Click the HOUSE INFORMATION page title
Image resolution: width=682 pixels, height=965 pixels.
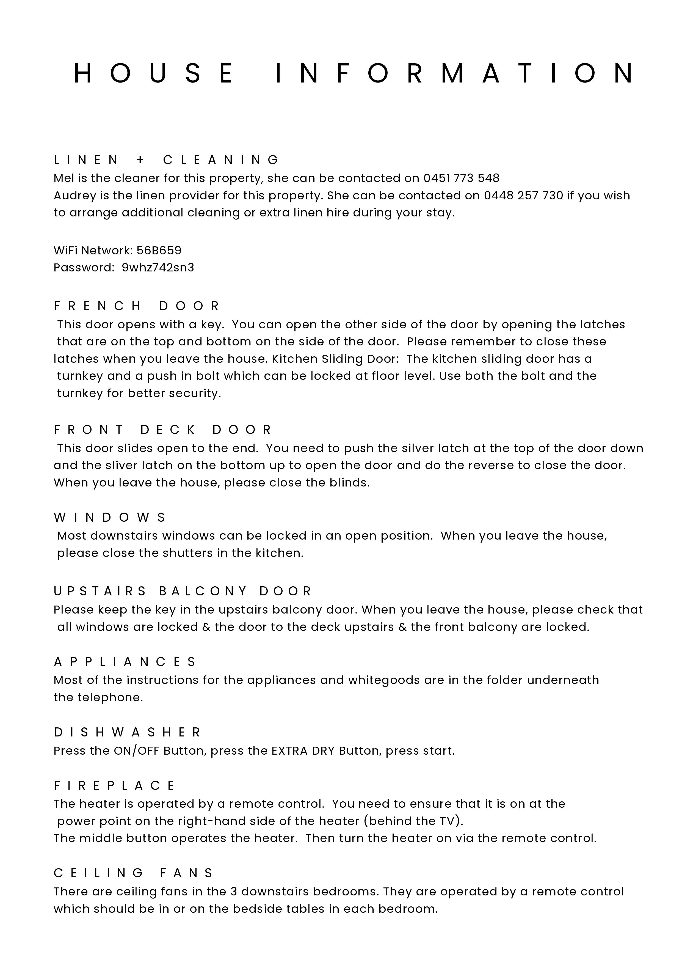[x=354, y=73]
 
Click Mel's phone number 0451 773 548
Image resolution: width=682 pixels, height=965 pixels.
[x=461, y=178]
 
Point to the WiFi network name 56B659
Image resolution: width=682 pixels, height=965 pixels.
[x=159, y=251]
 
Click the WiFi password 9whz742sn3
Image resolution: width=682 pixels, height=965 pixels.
[x=158, y=268]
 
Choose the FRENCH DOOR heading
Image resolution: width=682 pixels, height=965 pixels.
[x=137, y=306]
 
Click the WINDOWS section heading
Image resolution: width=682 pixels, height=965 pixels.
[x=110, y=517]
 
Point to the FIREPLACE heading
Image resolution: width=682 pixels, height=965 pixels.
[x=115, y=785]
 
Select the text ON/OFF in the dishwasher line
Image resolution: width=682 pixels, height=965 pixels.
[x=136, y=751]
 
